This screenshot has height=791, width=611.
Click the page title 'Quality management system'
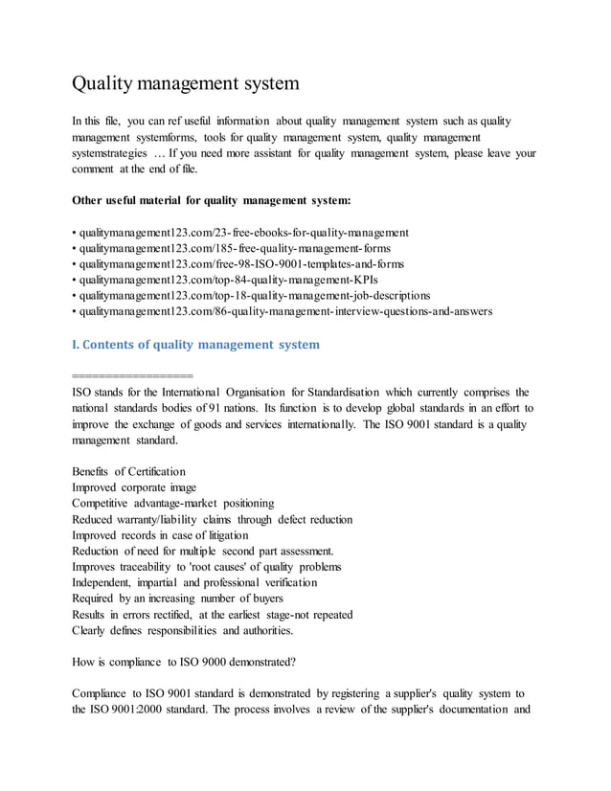click(x=186, y=83)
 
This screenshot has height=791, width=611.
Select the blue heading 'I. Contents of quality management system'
click(x=195, y=344)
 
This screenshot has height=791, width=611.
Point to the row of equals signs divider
click(x=132, y=374)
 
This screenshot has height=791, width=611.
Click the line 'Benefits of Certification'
click(x=128, y=472)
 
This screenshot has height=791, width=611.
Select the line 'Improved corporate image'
click(x=134, y=487)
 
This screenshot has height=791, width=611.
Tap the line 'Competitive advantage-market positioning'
click(x=172, y=503)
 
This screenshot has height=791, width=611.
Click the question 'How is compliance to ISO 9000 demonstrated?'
click(x=184, y=661)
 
